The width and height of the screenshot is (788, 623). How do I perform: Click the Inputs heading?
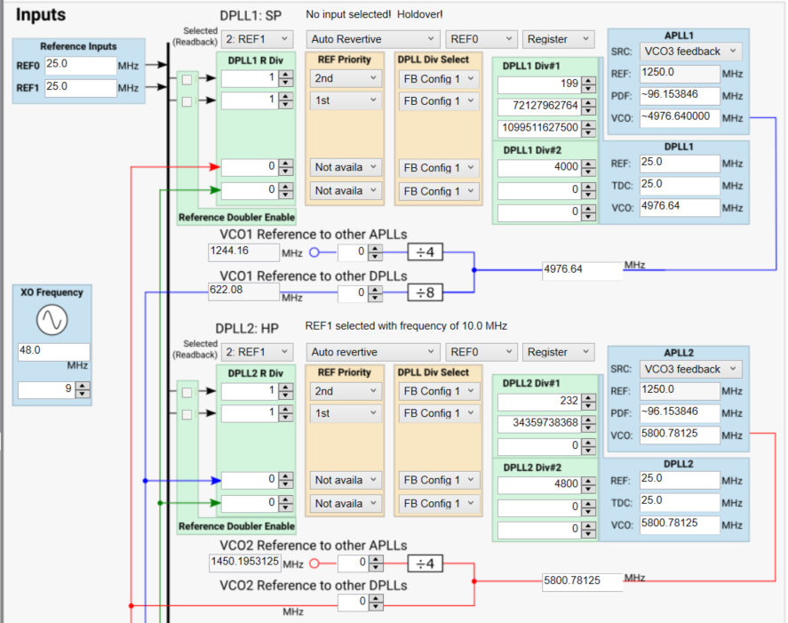click(41, 15)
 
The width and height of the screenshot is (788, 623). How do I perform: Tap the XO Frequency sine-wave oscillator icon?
click(52, 321)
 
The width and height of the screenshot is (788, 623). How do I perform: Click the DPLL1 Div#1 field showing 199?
click(538, 84)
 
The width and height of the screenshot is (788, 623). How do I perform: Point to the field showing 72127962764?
click(538, 107)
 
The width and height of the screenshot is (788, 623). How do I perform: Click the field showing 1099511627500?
click(538, 128)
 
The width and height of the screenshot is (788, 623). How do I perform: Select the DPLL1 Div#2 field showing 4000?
click(538, 167)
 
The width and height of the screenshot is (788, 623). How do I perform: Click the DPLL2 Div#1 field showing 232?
click(538, 401)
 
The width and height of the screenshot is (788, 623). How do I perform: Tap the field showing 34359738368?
click(538, 423)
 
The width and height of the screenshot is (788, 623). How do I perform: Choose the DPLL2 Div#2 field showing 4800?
click(538, 484)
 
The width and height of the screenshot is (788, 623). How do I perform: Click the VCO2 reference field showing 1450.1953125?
click(244, 563)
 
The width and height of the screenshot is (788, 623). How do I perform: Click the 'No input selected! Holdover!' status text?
click(374, 15)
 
